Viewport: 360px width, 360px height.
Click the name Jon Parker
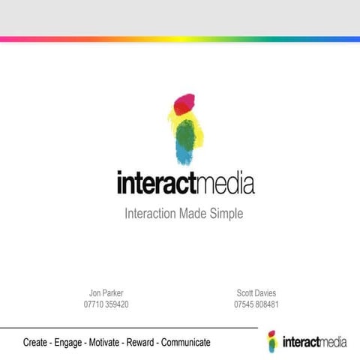(x=106, y=292)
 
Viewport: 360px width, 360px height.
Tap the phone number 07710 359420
(x=106, y=304)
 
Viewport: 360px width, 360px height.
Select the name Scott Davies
(x=256, y=292)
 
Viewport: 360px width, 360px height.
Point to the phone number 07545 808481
(x=256, y=304)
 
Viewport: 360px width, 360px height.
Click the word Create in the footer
(x=36, y=342)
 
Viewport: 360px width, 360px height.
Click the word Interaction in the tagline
(x=150, y=214)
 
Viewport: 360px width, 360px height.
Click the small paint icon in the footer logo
(x=272, y=340)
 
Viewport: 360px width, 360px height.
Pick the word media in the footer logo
(x=332, y=343)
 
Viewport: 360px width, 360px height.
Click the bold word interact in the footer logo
(x=299, y=343)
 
